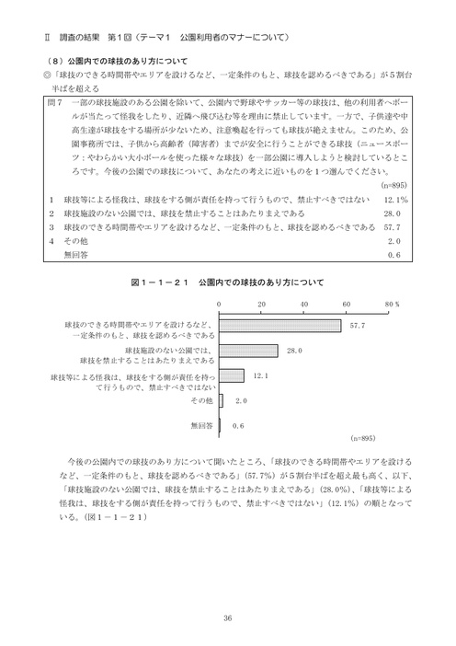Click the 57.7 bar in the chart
(280, 326)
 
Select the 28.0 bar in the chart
(249, 351)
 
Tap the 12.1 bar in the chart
(233, 375)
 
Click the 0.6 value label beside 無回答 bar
(238, 426)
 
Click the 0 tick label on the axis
(220, 303)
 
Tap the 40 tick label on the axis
(303, 303)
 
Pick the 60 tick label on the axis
(346, 303)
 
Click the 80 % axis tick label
(390, 303)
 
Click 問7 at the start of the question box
(53, 96)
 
